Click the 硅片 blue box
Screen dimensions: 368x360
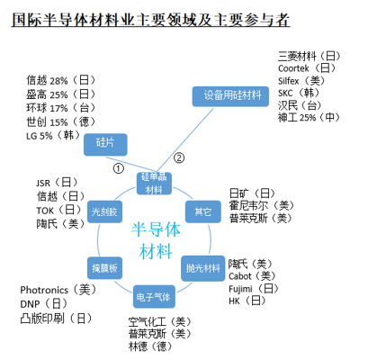pyautogui.click(x=105, y=145)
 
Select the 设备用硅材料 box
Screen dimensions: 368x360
pyautogui.click(x=230, y=96)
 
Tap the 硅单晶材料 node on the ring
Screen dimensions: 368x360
pyautogui.click(x=154, y=184)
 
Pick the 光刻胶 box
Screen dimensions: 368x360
pyautogui.click(x=104, y=211)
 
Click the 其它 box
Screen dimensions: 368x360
pyautogui.click(x=203, y=211)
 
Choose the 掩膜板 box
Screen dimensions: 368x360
pyautogui.click(x=104, y=268)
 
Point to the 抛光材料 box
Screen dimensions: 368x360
pyautogui.click(x=203, y=268)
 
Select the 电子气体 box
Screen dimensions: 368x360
pyautogui.click(x=154, y=297)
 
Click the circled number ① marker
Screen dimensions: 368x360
pyautogui.click(x=119, y=168)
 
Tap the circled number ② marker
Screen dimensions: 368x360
pyautogui.click(x=179, y=157)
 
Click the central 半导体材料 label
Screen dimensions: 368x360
pyautogui.click(x=156, y=240)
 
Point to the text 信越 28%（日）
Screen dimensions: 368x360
pyautogui.click(x=60, y=80)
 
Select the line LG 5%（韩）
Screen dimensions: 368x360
pyautogui.click(x=53, y=136)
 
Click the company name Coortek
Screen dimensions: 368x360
pyautogui.click(x=293, y=68)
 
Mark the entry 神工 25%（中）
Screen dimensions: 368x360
pyautogui.click(x=309, y=117)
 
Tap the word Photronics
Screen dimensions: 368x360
pyautogui.click(x=44, y=290)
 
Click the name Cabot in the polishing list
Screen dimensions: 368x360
pyautogui.click(x=240, y=276)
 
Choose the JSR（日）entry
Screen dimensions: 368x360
pyautogui.click(x=57, y=183)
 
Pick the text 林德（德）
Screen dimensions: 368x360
pyautogui.click(x=150, y=346)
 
